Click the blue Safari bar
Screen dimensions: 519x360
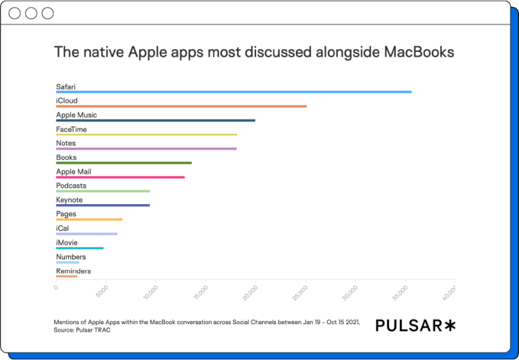click(x=234, y=92)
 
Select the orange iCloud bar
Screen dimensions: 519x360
click(x=181, y=106)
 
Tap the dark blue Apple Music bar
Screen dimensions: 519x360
click(x=155, y=120)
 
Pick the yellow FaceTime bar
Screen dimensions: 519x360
click(x=147, y=134)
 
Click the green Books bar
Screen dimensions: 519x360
click(x=124, y=163)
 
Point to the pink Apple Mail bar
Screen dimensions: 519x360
click(x=120, y=177)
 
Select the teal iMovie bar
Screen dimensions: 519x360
click(x=80, y=248)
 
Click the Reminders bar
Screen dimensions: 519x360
click(x=66, y=276)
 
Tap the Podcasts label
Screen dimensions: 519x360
click(x=71, y=186)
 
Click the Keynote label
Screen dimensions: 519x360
click(x=69, y=200)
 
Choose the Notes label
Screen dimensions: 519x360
click(x=66, y=143)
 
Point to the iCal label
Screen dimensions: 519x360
click(x=63, y=228)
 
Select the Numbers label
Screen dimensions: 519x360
click(x=71, y=257)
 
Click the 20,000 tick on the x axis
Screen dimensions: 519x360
click(x=251, y=292)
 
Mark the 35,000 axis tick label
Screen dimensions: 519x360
click(x=400, y=292)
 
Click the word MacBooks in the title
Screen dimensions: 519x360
click(x=419, y=52)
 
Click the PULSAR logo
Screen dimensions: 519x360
click(x=416, y=326)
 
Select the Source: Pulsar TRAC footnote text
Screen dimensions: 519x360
click(x=82, y=330)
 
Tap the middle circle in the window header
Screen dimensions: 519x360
click(x=31, y=14)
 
